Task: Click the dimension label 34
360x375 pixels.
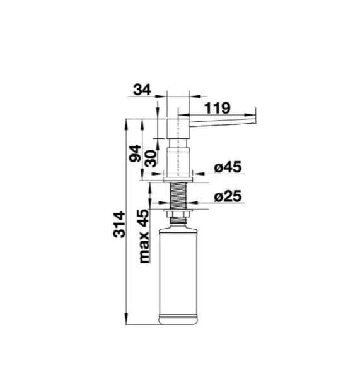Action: pos(142,90)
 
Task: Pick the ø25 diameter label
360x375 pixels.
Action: pos(228,197)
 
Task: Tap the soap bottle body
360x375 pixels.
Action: pos(180,271)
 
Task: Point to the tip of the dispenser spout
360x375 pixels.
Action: pos(255,117)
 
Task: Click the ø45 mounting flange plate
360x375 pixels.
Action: pos(180,176)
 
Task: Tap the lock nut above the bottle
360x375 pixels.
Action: pos(180,217)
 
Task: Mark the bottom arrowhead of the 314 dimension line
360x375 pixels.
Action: pos(127,320)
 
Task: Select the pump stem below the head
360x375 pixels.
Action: pos(180,158)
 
